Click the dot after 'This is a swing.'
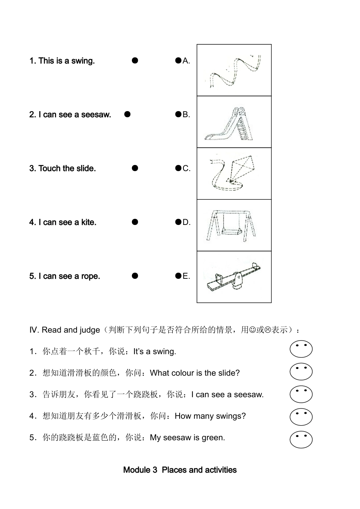[135, 60]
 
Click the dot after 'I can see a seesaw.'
[127, 114]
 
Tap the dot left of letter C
[178, 168]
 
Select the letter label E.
[186, 276]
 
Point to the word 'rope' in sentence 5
[90, 276]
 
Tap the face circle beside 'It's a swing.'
[301, 349]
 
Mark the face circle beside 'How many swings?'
[301, 417]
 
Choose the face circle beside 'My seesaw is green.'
[301, 439]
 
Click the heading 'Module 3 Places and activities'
[180, 470]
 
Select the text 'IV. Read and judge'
[64, 330]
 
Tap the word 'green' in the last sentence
[213, 438]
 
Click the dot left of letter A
[178, 60]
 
